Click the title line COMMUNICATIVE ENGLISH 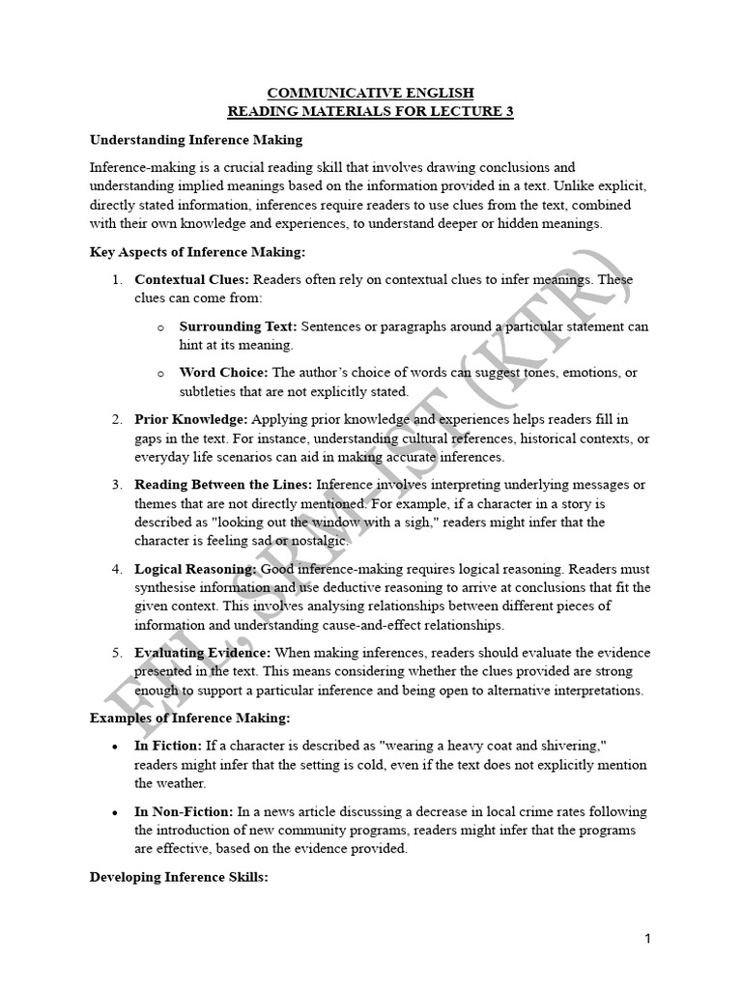click(371, 93)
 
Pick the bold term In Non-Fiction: click(183, 811)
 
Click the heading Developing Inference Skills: click(172, 877)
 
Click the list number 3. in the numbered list click(116, 485)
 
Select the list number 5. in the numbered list click(116, 654)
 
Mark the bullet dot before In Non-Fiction click(116, 812)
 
